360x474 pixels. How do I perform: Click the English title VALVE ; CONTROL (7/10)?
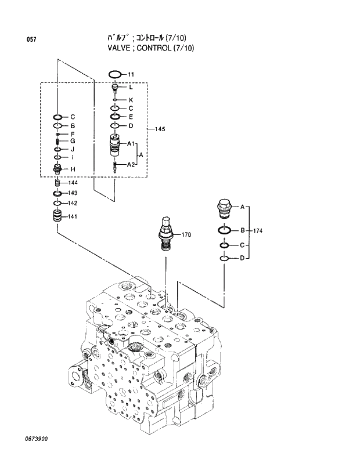click(x=150, y=48)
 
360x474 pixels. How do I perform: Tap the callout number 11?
click(x=131, y=74)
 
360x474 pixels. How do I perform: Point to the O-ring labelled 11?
click(x=115, y=74)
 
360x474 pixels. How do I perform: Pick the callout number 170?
click(x=186, y=235)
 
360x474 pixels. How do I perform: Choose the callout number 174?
click(x=258, y=231)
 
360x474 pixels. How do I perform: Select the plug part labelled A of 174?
click(x=224, y=206)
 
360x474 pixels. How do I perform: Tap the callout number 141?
click(x=73, y=216)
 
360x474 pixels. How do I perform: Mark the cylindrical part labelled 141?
click(x=57, y=218)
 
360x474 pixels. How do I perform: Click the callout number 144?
click(x=73, y=182)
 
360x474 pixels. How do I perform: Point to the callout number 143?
click(x=73, y=193)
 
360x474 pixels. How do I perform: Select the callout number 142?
click(x=73, y=203)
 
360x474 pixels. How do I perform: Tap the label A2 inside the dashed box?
click(x=131, y=165)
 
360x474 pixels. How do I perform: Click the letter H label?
click(x=73, y=169)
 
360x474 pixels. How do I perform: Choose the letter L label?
click(x=131, y=88)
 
